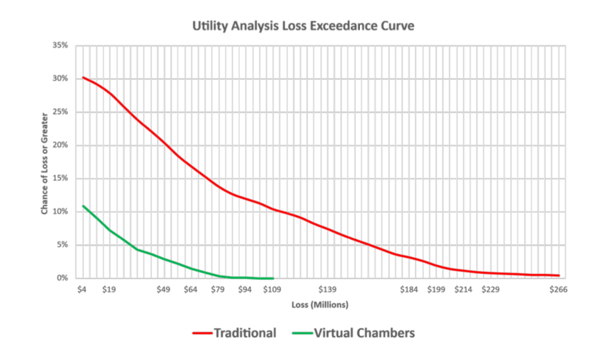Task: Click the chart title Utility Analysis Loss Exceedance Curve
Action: coord(303,27)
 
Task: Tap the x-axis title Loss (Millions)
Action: coord(320,305)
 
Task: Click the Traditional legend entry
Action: coord(235,333)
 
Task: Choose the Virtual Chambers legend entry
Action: coord(355,333)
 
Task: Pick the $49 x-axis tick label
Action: coord(163,289)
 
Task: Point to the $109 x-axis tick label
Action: coord(272,289)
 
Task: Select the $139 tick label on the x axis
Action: coord(326,289)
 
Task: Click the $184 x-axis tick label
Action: coord(409,289)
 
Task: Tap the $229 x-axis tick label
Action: coord(490,289)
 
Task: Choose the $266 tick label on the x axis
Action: coord(558,289)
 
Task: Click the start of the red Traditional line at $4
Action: coord(82,77)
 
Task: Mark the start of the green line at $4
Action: coord(82,206)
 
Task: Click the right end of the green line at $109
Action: coord(272,278)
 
